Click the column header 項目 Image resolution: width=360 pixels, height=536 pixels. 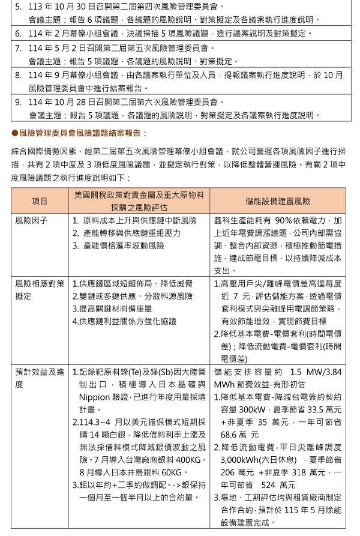pos(40,201)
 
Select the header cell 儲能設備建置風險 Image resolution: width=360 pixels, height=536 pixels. pos(278,201)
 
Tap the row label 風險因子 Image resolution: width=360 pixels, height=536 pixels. pos(31,220)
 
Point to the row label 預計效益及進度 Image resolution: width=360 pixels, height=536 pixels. pos(40,378)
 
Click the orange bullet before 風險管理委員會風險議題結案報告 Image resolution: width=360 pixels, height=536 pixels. pos(15,132)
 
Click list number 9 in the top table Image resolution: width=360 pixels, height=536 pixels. pos(18,103)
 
